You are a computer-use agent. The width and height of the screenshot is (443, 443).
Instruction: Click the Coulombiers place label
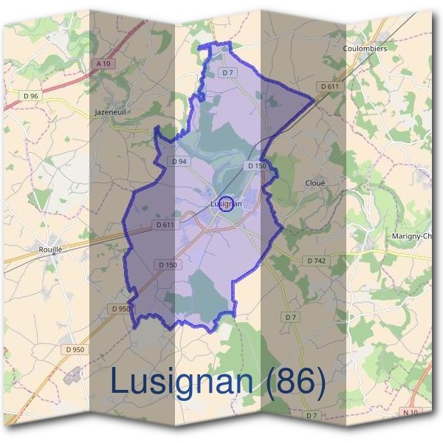coord(365,48)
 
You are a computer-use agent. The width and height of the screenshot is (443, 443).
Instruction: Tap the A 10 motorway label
coord(103,64)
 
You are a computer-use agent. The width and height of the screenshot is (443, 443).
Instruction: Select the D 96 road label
coord(30,96)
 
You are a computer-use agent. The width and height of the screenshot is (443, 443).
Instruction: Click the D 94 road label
coord(179,161)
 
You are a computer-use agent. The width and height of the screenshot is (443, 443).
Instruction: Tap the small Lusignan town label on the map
coord(225,203)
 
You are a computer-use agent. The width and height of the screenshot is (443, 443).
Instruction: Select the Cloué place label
coord(315,182)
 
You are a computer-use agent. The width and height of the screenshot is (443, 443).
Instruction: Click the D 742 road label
coord(316,261)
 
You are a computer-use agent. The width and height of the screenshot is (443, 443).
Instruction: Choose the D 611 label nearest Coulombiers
coord(330,86)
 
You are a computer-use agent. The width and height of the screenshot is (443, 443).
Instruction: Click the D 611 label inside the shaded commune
coord(165,224)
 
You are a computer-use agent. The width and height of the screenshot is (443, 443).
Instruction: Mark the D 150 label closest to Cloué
coord(256,166)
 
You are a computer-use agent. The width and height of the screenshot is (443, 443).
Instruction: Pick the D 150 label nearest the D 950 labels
coord(168,264)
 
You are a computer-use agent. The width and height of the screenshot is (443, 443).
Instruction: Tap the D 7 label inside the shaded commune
coord(227,72)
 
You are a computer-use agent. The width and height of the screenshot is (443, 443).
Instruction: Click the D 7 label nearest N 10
coord(312,416)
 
